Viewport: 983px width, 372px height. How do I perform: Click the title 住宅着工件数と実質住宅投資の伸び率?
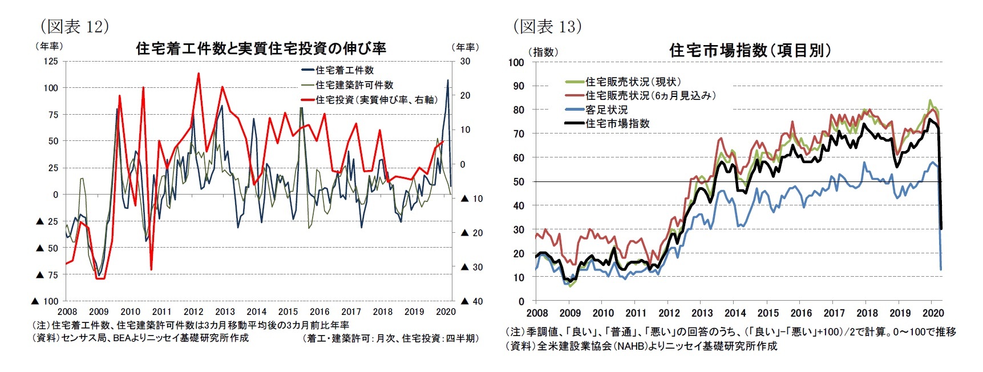[x=261, y=48]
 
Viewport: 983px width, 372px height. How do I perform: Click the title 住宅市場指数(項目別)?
[x=750, y=50]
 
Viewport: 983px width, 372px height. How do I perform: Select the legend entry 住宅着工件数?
[x=345, y=70]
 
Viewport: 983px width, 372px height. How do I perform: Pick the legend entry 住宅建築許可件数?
[x=354, y=85]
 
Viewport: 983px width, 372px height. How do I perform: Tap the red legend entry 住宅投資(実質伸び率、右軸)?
[x=377, y=100]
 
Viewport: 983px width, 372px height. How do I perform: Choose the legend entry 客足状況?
[x=606, y=110]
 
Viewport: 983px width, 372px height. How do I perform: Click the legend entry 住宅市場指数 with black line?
[x=617, y=123]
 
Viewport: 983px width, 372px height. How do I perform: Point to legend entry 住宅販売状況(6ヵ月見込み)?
[x=650, y=96]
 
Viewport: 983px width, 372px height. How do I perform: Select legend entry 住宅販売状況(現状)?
[x=633, y=82]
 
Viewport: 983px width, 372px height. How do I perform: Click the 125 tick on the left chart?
[x=51, y=62]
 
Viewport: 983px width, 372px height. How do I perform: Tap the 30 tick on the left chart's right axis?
[x=465, y=62]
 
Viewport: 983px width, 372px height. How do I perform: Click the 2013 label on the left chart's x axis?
[x=225, y=312]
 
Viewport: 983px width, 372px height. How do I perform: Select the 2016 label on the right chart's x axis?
[x=801, y=313]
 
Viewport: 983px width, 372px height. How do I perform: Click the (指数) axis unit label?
[x=543, y=52]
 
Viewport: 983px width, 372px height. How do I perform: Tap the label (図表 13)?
[x=547, y=26]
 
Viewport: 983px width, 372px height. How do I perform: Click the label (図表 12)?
[x=74, y=26]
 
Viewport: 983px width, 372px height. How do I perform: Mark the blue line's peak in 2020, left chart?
[x=447, y=80]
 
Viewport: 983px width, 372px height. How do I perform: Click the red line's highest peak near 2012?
[x=198, y=73]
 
